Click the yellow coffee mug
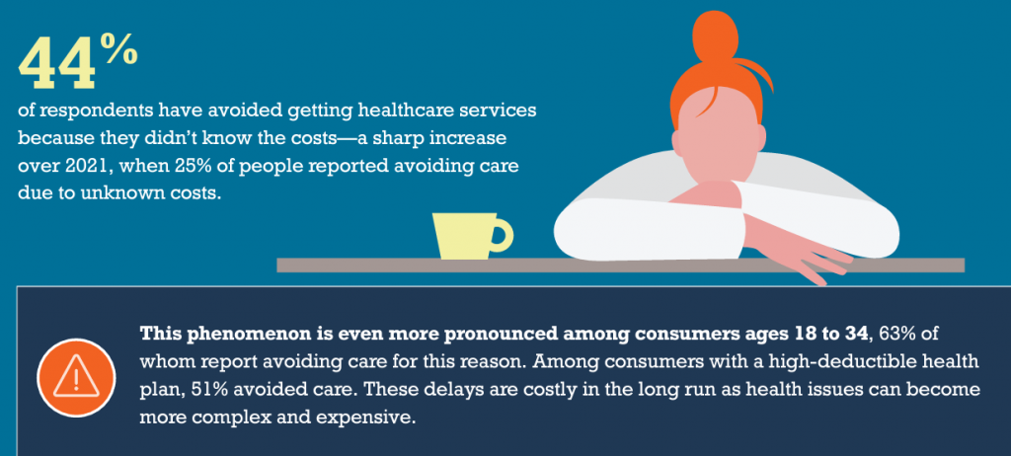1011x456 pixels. point(472,236)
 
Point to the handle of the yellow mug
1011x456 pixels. point(501,235)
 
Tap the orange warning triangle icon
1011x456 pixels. point(76,377)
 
